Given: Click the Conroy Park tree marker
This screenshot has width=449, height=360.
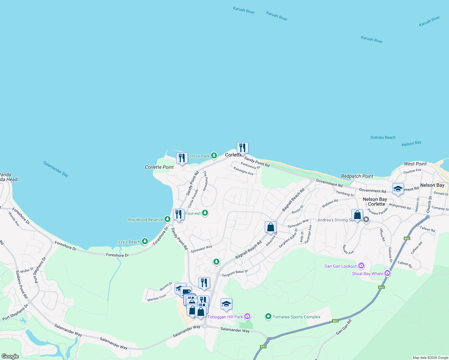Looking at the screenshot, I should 214,155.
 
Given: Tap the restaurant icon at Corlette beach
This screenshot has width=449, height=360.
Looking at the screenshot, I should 243,148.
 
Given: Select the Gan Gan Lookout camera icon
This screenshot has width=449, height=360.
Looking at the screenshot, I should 361,266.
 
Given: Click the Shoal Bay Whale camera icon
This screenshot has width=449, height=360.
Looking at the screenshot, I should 387,273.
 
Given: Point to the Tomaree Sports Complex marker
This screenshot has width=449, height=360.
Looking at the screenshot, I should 268,316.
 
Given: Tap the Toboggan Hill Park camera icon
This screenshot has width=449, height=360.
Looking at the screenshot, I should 247,316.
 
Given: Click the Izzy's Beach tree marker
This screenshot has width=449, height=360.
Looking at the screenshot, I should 145,241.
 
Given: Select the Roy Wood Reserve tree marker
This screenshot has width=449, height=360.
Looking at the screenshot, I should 167,219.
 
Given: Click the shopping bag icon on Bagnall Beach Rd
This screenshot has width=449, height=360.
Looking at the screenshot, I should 270,227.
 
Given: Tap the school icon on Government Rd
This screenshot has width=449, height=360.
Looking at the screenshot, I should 398,189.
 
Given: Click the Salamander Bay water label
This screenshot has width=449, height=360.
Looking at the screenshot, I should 56,169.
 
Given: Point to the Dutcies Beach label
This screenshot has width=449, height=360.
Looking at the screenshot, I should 383,137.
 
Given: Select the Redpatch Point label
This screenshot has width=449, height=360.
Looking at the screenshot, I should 357,176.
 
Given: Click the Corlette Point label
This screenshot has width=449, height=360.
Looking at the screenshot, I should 159,167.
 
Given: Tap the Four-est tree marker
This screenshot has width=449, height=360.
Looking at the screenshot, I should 205,213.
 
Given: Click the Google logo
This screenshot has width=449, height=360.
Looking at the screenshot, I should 10,356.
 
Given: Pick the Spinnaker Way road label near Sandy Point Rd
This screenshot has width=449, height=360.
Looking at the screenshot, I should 201,249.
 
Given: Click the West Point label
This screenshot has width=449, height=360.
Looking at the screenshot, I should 415,164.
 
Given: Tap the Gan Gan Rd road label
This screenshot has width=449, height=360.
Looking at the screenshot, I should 344,327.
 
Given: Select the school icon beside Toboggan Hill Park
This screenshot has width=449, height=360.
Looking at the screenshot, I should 226,304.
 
